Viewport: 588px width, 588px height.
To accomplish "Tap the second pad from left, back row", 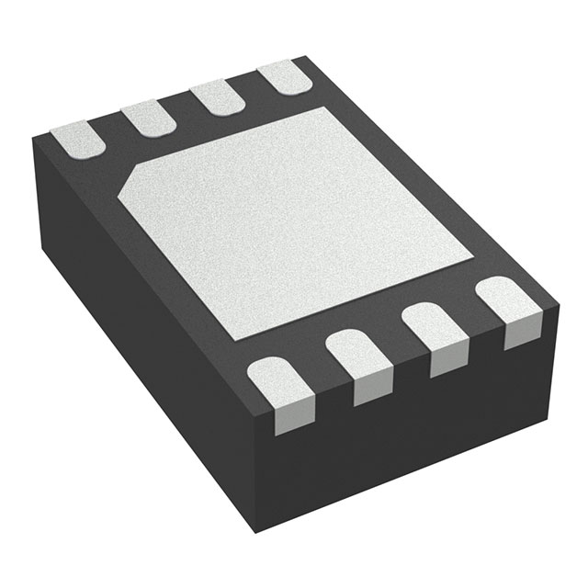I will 148,118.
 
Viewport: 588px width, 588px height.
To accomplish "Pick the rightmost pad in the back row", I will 284,77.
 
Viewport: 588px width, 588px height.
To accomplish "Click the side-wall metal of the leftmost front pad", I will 286,417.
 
